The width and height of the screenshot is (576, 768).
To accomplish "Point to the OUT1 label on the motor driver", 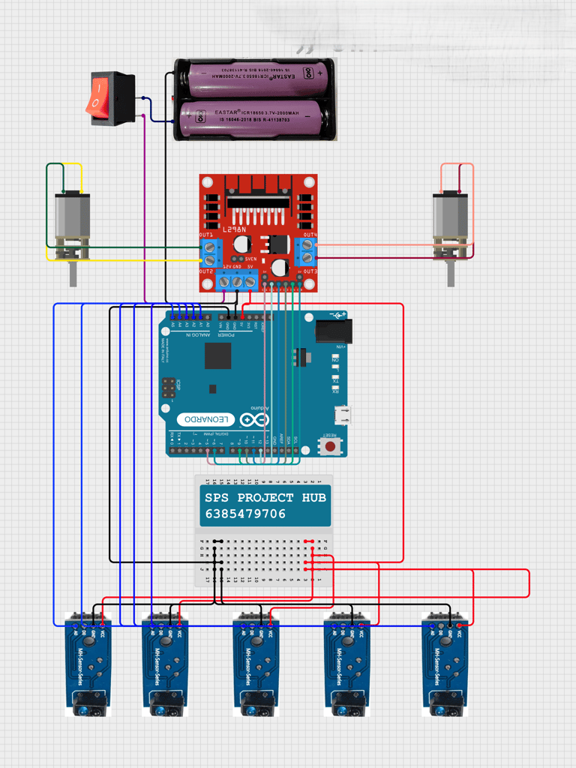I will pos(207,235).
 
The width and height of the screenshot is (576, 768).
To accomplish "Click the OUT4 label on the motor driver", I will pos(310,235).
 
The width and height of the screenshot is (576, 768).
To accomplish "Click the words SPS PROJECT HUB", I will pos(265,498).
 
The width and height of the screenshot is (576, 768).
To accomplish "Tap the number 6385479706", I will pos(245,514).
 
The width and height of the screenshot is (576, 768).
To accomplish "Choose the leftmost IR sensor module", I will pos(88,664).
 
